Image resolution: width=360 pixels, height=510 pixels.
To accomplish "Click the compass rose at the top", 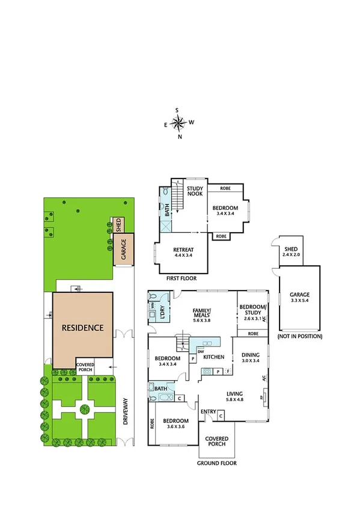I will pos(178,123).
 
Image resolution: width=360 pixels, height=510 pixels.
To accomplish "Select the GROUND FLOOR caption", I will pos(216,464).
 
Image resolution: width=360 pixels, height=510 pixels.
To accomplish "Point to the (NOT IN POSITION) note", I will pos(299,336).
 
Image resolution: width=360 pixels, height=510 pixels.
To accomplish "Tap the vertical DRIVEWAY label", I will pos(126,412).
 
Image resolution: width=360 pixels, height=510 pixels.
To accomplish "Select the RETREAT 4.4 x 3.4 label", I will pos(183,252).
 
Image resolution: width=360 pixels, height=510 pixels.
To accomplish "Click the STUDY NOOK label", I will pos(195,191).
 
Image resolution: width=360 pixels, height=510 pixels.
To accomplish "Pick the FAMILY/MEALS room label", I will pos(202,315).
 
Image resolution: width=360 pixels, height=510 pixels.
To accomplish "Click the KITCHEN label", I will pos(213,357).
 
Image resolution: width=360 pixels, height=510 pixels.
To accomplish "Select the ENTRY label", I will pos(209,411).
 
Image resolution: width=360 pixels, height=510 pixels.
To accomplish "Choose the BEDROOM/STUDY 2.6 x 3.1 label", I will pos(252,310).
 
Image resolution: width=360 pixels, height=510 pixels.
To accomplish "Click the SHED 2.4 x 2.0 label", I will pos(291,251).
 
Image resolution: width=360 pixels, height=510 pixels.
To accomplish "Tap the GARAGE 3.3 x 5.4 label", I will pos(299,296).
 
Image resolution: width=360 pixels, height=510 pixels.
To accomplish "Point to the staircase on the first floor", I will pos(177,200).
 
